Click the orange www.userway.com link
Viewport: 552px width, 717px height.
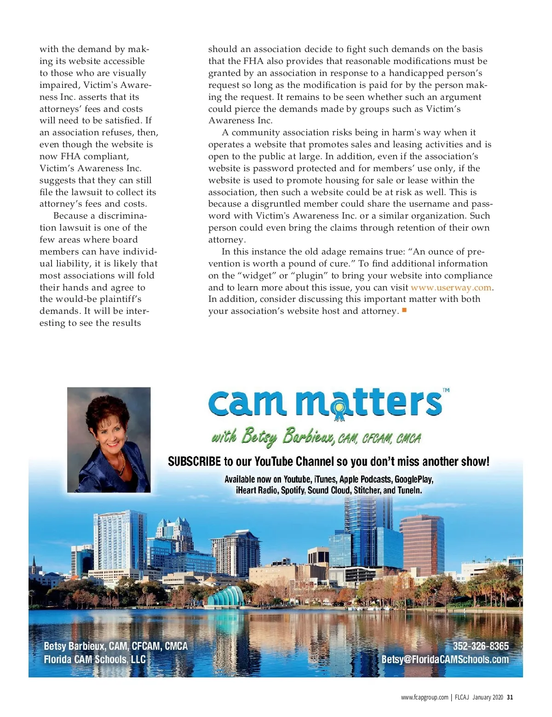click(451, 288)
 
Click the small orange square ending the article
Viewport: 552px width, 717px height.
click(404, 310)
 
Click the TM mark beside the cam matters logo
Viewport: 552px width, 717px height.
click(446, 390)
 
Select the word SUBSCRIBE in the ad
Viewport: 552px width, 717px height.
click(194, 462)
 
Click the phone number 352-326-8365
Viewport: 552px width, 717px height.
click(481, 646)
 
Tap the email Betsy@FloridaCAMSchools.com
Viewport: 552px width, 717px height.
click(445, 659)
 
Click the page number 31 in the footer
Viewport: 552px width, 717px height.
click(510, 697)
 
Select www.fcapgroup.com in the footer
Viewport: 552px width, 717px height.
click(424, 697)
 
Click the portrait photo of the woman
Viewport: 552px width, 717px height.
click(109, 439)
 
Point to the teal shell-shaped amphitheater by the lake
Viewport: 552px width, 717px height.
click(226, 596)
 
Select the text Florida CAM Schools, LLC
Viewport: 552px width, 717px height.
click(95, 659)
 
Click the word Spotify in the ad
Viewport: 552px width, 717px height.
click(293, 491)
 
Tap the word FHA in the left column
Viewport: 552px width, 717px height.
click(70, 156)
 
